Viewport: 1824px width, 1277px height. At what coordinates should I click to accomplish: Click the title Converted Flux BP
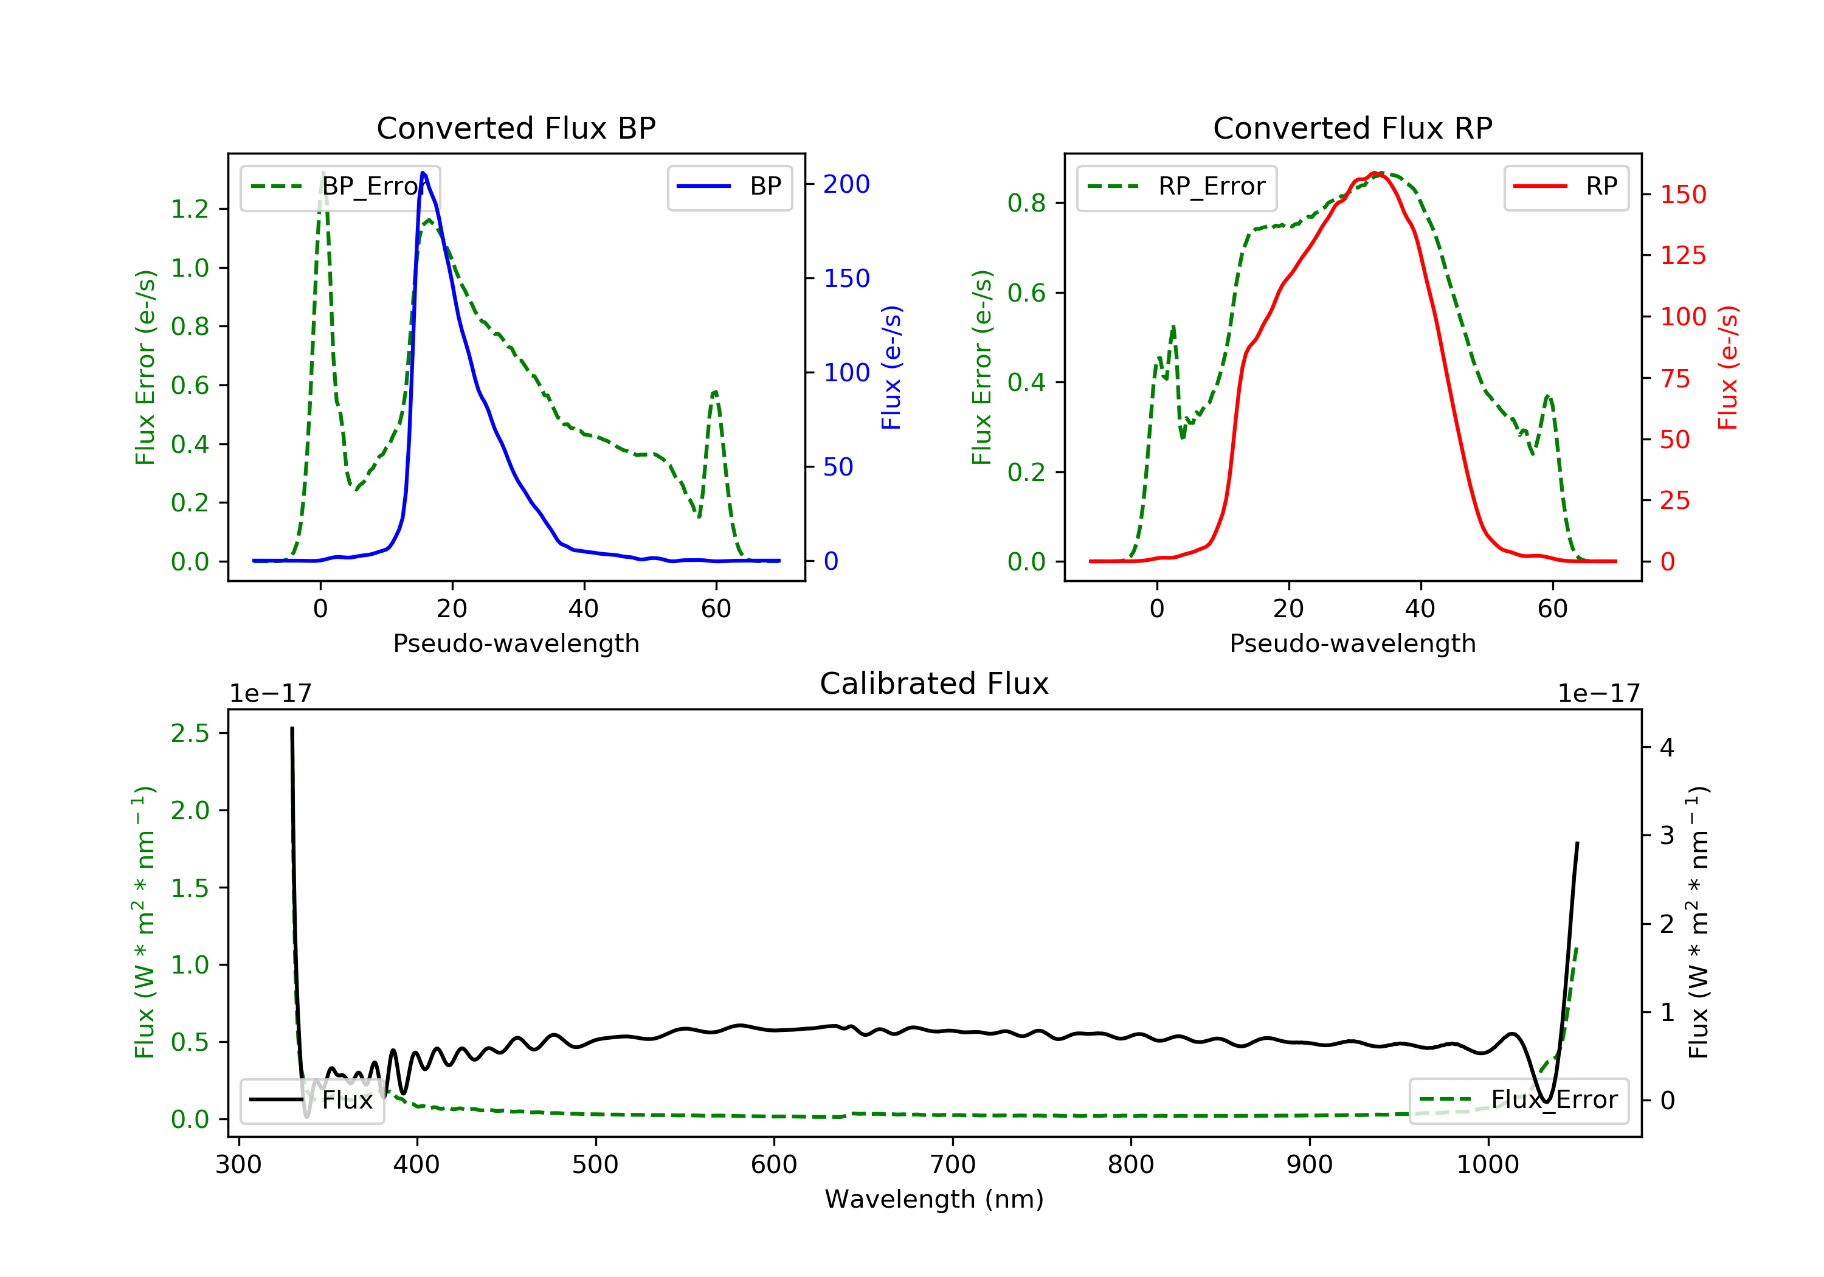pos(516,128)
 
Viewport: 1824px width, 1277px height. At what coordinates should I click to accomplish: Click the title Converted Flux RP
pos(1352,128)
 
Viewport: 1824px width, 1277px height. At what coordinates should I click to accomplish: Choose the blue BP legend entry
pos(729,187)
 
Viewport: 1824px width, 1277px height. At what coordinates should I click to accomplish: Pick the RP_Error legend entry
pos(1176,187)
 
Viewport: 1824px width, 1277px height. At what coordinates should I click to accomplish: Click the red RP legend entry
pos(1566,187)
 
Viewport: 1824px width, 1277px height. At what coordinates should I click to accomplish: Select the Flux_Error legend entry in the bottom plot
pos(1518,1100)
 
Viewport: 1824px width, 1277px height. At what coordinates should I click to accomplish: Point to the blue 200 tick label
pos(846,184)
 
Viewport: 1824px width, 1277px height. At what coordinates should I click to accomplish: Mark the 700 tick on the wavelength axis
pos(953,1165)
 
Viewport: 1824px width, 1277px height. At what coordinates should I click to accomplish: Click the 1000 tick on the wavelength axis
pos(1487,1165)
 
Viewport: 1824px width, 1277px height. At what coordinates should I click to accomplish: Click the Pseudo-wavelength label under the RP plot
pos(1352,643)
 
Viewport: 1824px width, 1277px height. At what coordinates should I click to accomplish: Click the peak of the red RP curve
pos(1374,173)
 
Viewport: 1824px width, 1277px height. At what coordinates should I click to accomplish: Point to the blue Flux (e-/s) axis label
pos(891,367)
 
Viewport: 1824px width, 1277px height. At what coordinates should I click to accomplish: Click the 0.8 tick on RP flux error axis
pos(1026,204)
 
